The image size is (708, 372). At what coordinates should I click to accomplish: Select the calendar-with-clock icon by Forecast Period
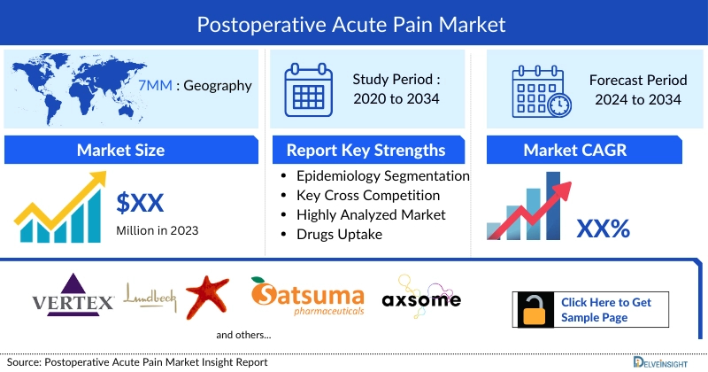[x=542, y=90]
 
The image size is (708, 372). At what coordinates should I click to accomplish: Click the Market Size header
[x=120, y=150]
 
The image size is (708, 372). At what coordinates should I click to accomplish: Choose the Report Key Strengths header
[x=366, y=150]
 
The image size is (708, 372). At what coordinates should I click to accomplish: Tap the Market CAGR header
[x=574, y=150]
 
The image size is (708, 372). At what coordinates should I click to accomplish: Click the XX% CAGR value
[x=603, y=229]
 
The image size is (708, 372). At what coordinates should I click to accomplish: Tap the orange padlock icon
[x=534, y=309]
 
